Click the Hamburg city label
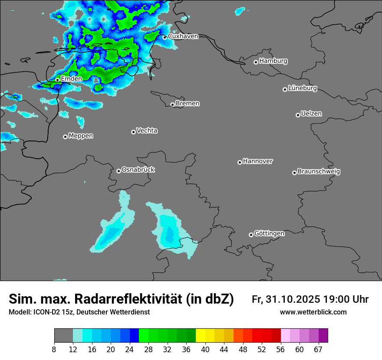click(273, 61)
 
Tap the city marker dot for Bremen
click(172, 105)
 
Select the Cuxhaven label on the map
click(183, 36)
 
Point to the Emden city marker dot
click(57, 80)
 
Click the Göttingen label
click(269, 234)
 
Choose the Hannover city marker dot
click(240, 162)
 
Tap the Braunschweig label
click(319, 172)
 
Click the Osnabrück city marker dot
click(119, 171)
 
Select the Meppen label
click(81, 136)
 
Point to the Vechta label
click(147, 131)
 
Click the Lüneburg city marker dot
click(285, 89)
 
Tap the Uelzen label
click(311, 114)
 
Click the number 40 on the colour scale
click(205, 350)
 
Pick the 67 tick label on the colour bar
click(318, 350)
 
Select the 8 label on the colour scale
click(54, 350)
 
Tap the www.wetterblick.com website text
click(313, 312)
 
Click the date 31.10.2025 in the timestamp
click(292, 299)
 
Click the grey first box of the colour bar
click(63, 336)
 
